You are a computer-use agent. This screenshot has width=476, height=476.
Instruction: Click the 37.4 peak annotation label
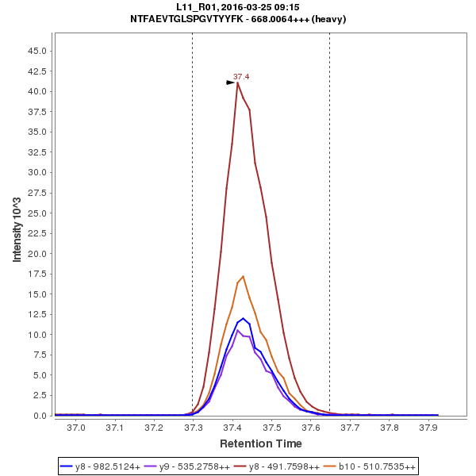pos(241,77)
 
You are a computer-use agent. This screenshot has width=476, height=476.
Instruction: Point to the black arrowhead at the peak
pos(231,83)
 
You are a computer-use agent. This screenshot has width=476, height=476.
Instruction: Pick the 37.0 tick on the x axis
pos(76,428)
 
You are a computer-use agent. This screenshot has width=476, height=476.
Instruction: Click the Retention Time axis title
pos(260,443)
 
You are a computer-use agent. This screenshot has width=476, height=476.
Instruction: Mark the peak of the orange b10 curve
pos(243,276)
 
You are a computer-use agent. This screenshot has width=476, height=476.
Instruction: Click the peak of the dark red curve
pos(237,83)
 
